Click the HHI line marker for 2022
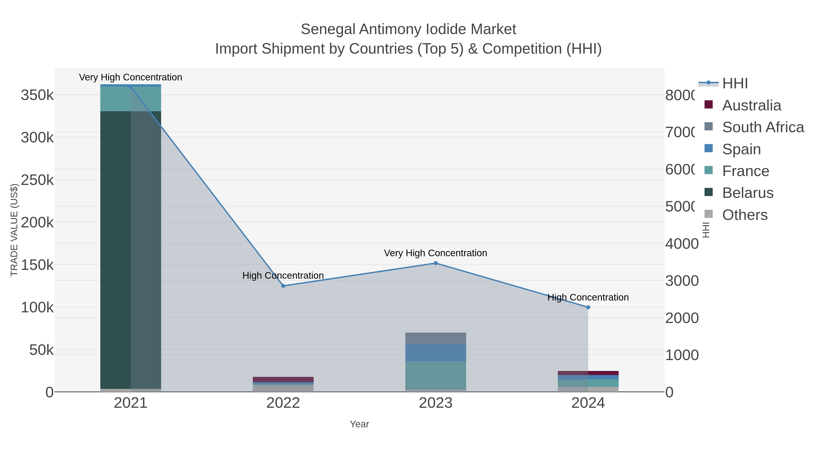pyautogui.click(x=283, y=286)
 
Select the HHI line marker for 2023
pyautogui.click(x=436, y=263)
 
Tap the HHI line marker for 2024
pyautogui.click(x=588, y=307)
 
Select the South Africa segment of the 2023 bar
pyautogui.click(x=436, y=338)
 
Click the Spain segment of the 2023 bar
pyautogui.click(x=436, y=353)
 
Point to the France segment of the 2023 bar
pyautogui.click(x=436, y=375)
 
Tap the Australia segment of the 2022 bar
pyautogui.click(x=283, y=379)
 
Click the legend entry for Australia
pyautogui.click(x=751, y=105)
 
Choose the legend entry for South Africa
pyautogui.click(x=763, y=127)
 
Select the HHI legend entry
pyautogui.click(x=735, y=84)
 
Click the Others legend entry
pyautogui.click(x=744, y=215)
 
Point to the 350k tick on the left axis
pyautogui.click(x=37, y=95)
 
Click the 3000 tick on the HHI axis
pyautogui.click(x=682, y=281)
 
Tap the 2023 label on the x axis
pyautogui.click(x=436, y=403)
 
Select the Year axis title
pyautogui.click(x=359, y=424)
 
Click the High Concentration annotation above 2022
pyautogui.click(x=283, y=275)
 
